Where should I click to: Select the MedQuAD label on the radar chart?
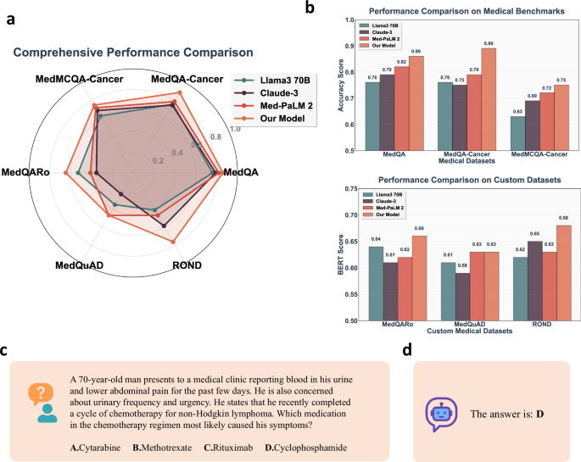[79, 265]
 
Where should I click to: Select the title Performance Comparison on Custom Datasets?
[459, 180]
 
